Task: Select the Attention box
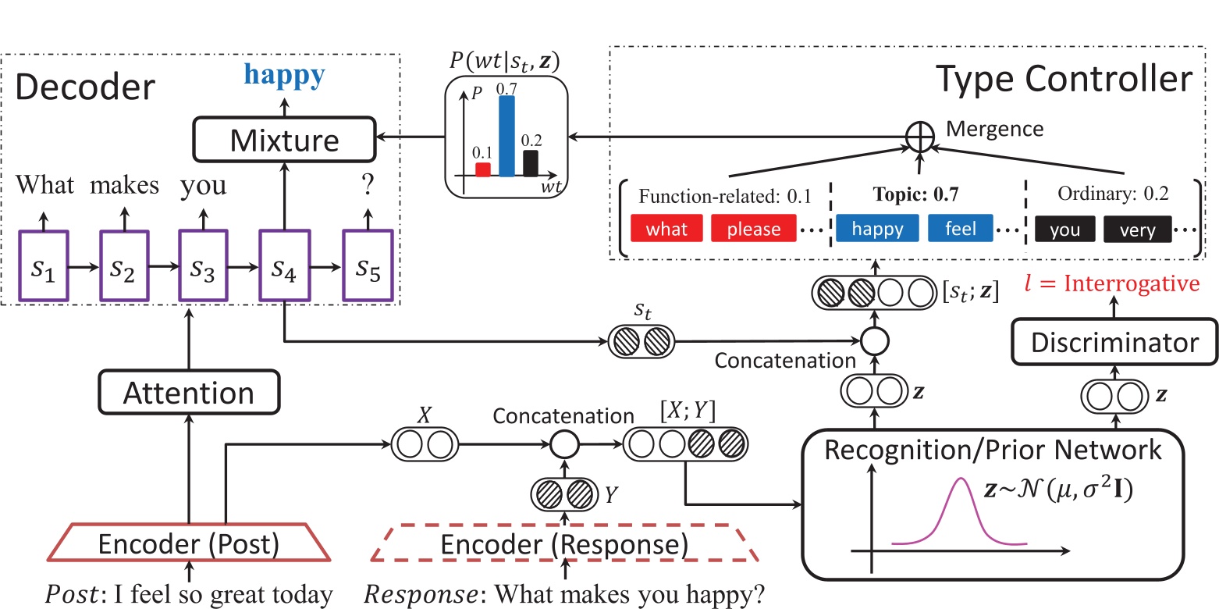(189, 392)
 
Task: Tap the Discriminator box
(1117, 342)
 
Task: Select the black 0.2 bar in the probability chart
(531, 163)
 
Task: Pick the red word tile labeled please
(753, 230)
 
